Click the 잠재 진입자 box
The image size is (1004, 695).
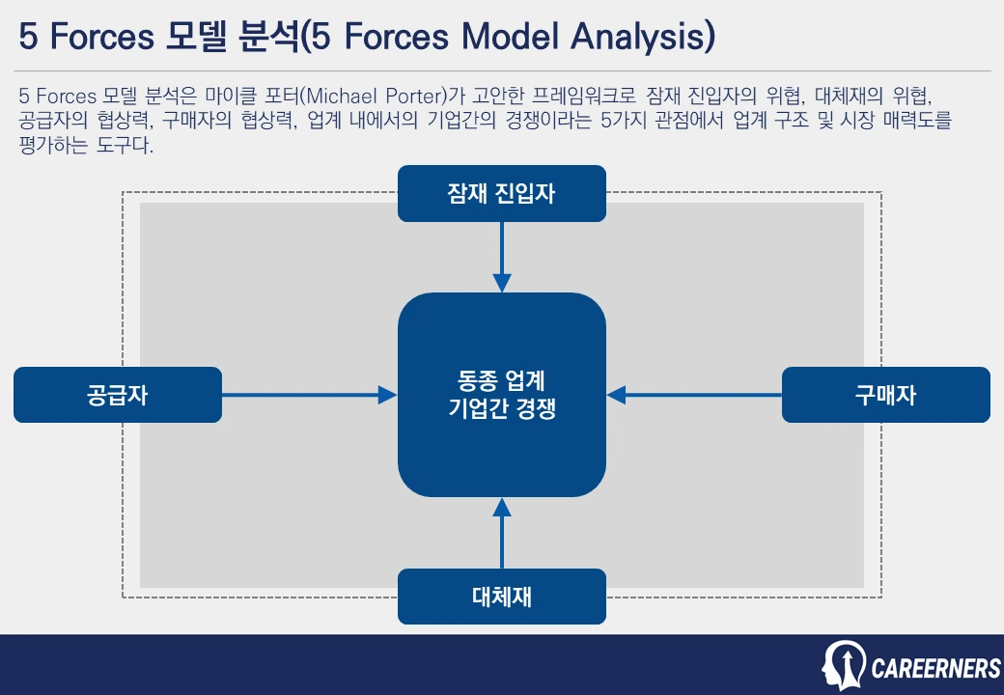coord(501,193)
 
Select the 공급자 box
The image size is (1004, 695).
coord(118,395)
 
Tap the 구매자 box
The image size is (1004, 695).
coord(885,395)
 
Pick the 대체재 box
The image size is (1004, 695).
coord(501,597)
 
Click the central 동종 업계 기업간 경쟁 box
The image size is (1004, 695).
coord(501,395)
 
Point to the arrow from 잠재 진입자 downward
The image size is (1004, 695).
coord(501,257)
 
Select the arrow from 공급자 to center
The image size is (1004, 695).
coord(309,395)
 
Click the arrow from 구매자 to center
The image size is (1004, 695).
coord(694,395)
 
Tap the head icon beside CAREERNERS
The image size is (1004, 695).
coord(844,665)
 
